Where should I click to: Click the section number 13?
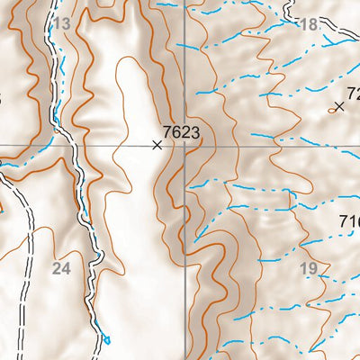pos(61,24)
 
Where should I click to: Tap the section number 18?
pos(309,25)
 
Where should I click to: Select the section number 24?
pos(61,268)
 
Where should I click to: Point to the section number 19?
pos(308,268)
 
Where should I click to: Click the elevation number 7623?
pos(181,131)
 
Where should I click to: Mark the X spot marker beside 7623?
pos(157,144)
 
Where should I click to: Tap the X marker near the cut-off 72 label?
pos(338,106)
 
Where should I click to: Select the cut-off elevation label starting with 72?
pos(352,93)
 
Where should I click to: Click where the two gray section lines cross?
pos(186,145)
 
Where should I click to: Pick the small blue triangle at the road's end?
pos(106,339)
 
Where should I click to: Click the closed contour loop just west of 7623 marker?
pos(135,99)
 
